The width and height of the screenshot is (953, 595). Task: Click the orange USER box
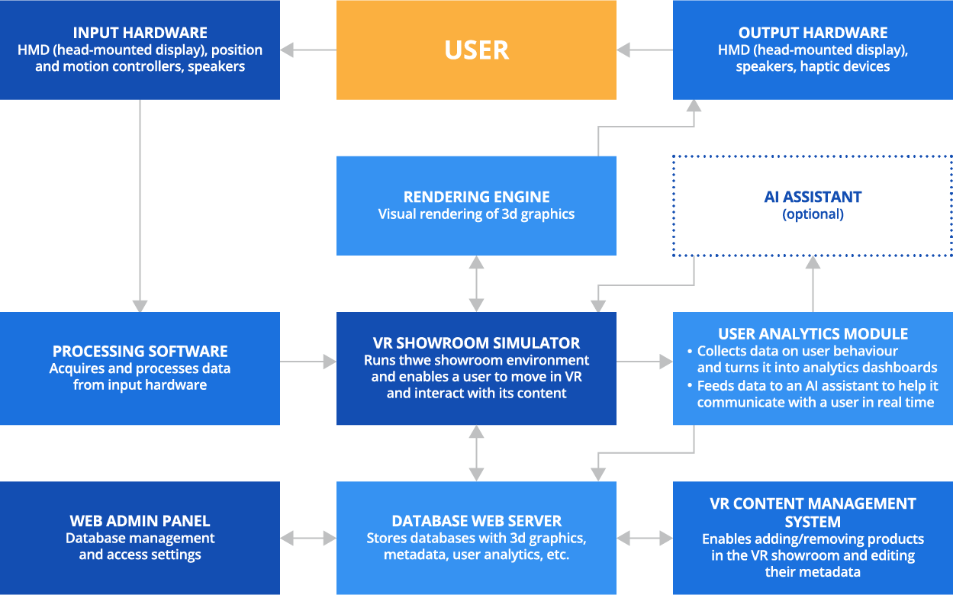(x=476, y=50)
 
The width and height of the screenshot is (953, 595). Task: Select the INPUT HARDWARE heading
(x=140, y=33)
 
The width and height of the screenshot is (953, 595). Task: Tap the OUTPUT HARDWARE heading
(x=813, y=33)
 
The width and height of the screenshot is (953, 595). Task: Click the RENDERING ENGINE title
(x=476, y=197)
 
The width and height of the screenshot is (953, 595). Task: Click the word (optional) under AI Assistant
(x=813, y=214)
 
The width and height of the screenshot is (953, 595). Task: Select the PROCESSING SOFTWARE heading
(x=140, y=351)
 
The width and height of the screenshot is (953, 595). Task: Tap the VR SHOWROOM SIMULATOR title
(x=476, y=343)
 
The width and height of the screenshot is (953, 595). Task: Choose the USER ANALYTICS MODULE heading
(x=813, y=334)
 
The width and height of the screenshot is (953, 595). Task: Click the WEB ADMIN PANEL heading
(x=140, y=521)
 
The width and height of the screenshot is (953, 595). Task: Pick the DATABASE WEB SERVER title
(x=476, y=521)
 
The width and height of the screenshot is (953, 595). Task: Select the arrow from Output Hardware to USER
(x=645, y=50)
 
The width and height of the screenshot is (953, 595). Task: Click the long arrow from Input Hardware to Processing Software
(x=140, y=206)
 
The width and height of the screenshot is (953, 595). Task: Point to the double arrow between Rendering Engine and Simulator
(x=476, y=284)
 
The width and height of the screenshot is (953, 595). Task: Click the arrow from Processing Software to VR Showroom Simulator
(x=308, y=362)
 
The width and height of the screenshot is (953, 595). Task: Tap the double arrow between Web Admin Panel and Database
(x=308, y=539)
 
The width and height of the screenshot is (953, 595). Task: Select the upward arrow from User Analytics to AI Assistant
(x=813, y=284)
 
